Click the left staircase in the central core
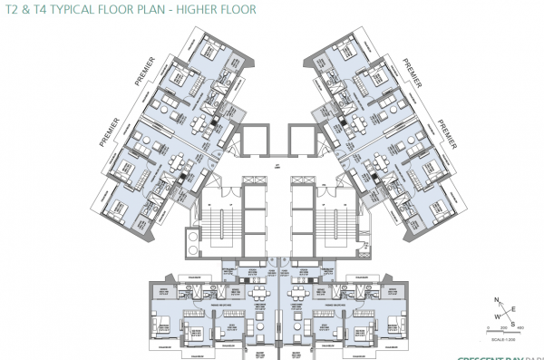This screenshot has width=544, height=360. point(220,218)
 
